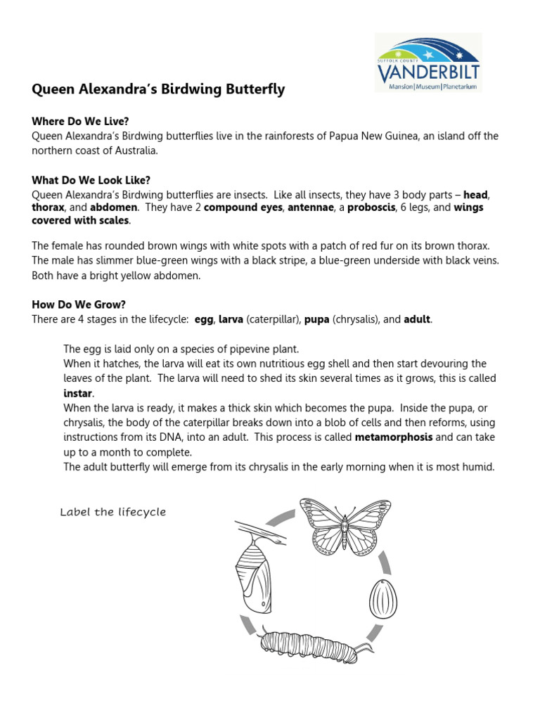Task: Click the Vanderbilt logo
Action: pyautogui.click(x=428, y=63)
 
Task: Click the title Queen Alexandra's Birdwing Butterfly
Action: pyautogui.click(x=158, y=89)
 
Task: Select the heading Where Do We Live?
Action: pyautogui.click(x=80, y=122)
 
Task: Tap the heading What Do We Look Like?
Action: pyautogui.click(x=91, y=180)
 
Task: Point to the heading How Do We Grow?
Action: pyautogui.click(x=79, y=304)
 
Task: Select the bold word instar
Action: pyautogui.click(x=78, y=392)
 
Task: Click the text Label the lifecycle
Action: pyautogui.click(x=113, y=512)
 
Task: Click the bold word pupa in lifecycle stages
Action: pyautogui.click(x=316, y=319)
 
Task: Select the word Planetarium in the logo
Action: pyautogui.click(x=456, y=86)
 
